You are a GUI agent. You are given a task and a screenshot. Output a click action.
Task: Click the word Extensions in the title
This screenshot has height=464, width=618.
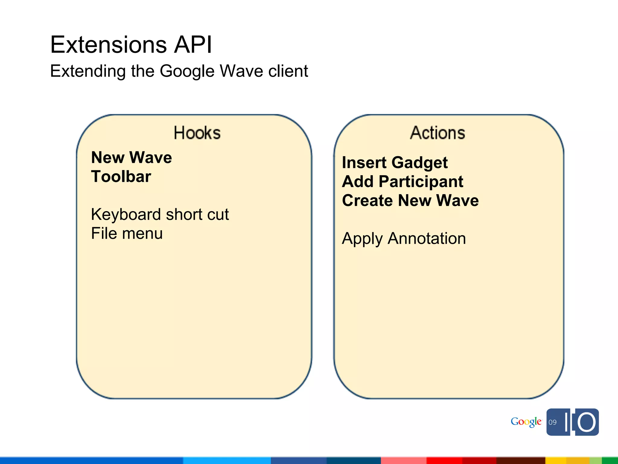[x=108, y=45]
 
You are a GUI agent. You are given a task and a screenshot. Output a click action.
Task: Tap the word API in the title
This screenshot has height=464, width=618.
[x=193, y=45]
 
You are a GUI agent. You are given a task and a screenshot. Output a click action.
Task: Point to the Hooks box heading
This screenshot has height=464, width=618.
[x=197, y=133]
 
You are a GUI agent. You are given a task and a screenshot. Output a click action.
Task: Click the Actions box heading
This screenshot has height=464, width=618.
[x=437, y=133]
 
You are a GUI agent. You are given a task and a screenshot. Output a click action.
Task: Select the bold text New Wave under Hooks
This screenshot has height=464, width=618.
[x=132, y=158]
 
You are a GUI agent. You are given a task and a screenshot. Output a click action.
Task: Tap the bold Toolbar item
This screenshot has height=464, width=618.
[x=121, y=177]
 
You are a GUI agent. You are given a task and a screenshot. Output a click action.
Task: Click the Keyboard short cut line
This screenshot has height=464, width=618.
[x=160, y=214]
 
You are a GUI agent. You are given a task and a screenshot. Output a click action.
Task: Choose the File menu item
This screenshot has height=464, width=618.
[x=127, y=234]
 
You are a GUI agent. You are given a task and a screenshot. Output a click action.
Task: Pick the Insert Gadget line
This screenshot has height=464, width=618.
[x=395, y=163]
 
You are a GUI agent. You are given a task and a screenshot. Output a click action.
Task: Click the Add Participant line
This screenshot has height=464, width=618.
[x=403, y=182]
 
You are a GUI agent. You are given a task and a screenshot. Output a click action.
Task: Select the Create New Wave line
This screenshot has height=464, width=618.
[x=410, y=201]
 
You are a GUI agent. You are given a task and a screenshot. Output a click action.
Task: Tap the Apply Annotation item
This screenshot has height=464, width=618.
[x=404, y=239]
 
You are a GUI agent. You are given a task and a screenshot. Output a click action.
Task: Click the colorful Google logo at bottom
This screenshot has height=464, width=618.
[x=526, y=422]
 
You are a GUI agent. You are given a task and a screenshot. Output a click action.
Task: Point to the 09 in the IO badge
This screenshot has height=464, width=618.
[x=553, y=422]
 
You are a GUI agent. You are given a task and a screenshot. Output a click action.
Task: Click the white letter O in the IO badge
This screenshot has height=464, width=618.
[x=586, y=422]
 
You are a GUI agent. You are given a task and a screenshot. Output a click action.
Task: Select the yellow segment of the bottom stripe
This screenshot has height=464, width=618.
[x=567, y=461]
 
